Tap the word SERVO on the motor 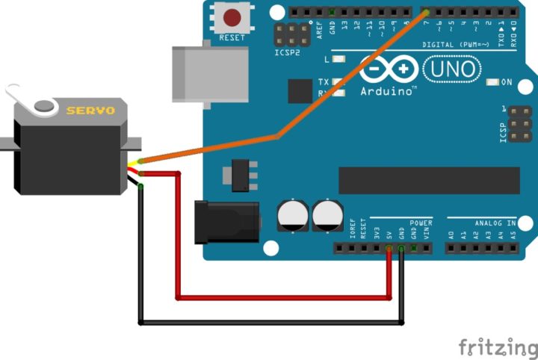pyautogui.click(x=90, y=111)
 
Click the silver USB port pyautogui.click(x=209, y=74)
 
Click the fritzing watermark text pyautogui.click(x=497, y=347)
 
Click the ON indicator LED pyautogui.click(x=492, y=81)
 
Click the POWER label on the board pyautogui.click(x=421, y=223)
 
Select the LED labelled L pyautogui.click(x=339, y=58)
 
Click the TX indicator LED pyautogui.click(x=339, y=81)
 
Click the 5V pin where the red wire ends pyautogui.click(x=389, y=247)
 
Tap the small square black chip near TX pyautogui.click(x=300, y=91)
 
